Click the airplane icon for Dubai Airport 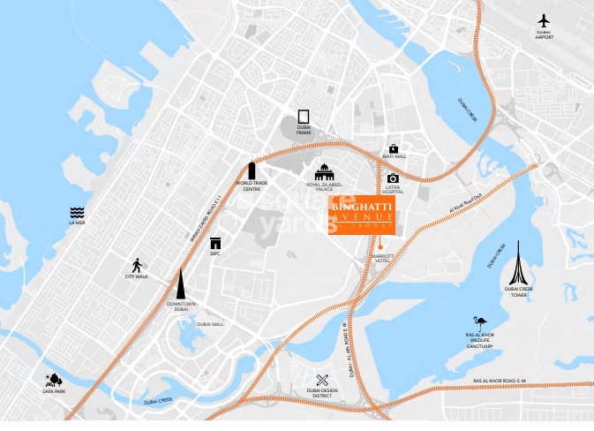(x=543, y=20)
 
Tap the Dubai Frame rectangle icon (x=304, y=117)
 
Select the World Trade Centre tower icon (x=251, y=170)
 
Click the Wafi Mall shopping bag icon (x=394, y=147)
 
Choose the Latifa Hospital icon (x=393, y=178)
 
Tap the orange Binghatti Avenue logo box (x=363, y=215)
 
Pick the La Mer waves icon (x=77, y=213)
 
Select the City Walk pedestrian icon (x=137, y=265)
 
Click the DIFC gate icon (x=214, y=243)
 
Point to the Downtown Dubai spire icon (x=181, y=284)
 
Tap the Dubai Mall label (x=211, y=324)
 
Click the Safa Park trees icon (x=54, y=380)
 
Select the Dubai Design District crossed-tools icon (x=321, y=380)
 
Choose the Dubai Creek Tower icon (x=519, y=261)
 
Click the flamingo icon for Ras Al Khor (x=480, y=324)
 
